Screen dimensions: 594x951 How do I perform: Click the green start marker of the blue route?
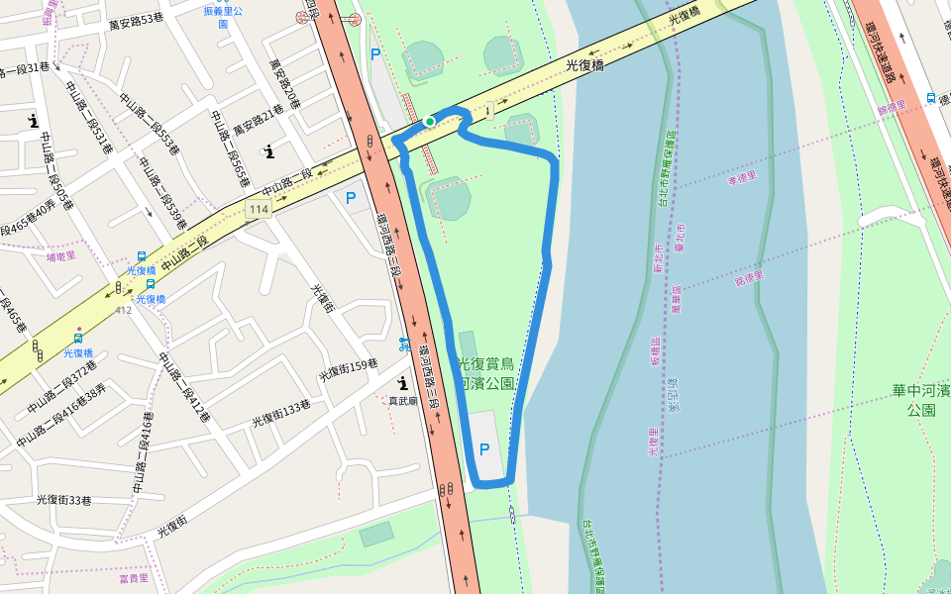pos(430,121)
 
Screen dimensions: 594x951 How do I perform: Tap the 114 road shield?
pos(259,209)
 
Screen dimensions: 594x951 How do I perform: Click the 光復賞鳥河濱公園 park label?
pos(485,374)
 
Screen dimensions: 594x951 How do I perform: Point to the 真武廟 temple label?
pos(403,401)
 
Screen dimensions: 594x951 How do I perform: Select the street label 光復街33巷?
pos(64,500)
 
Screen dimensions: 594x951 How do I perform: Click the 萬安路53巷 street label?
pos(137,19)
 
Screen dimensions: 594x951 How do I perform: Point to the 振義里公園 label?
pos(223,17)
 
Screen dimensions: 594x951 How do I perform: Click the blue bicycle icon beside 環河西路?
pos(404,345)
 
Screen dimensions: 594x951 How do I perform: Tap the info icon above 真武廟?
pos(402,382)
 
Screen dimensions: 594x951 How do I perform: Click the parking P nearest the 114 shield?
pos(351,198)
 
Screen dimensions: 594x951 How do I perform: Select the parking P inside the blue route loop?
pos(484,449)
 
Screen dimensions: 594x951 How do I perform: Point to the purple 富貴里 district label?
pos(133,577)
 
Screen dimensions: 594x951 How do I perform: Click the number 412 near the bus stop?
pos(123,310)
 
